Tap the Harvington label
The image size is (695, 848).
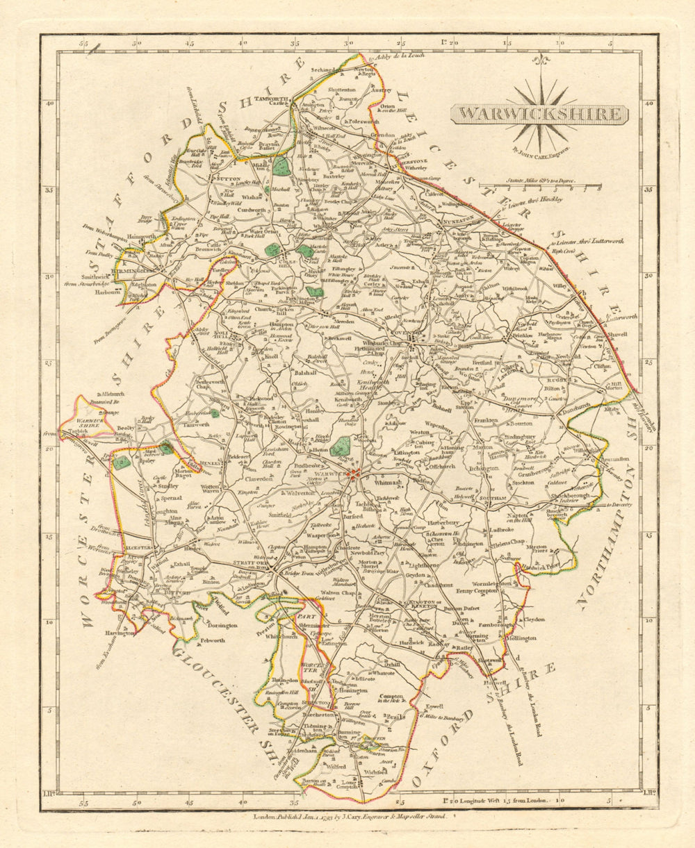pos(120,633)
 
